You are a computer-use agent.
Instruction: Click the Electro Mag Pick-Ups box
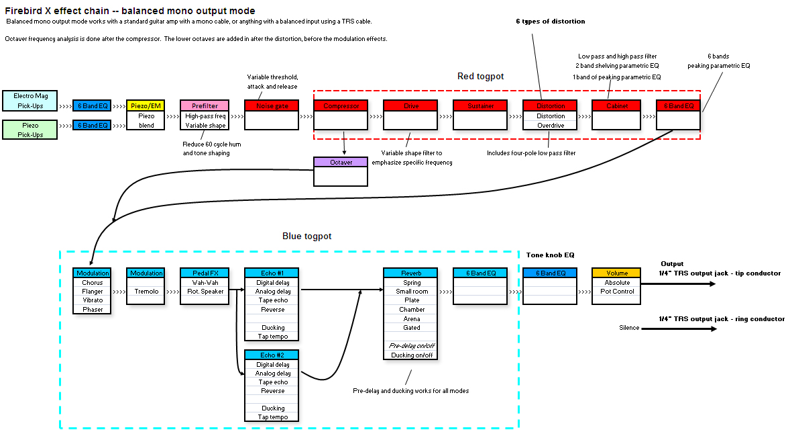(x=30, y=101)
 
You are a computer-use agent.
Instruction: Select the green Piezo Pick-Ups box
(x=30, y=130)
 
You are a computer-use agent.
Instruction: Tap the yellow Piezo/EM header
(x=145, y=105)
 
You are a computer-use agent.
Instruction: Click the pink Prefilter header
(x=204, y=105)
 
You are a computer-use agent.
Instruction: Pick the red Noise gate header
(x=272, y=105)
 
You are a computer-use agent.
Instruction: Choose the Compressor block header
(x=341, y=105)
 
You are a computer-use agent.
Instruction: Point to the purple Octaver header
(x=341, y=163)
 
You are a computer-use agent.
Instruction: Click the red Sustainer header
(x=480, y=105)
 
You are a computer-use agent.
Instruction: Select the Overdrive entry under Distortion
(x=550, y=126)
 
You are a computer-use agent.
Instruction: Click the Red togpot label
(x=480, y=77)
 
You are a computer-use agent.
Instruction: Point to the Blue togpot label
(x=306, y=236)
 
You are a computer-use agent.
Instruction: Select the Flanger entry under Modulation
(x=93, y=292)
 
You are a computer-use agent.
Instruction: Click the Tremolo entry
(x=146, y=292)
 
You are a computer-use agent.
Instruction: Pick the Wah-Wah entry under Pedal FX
(x=204, y=283)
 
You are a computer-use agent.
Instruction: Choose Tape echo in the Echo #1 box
(x=273, y=300)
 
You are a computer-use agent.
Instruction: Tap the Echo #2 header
(x=273, y=355)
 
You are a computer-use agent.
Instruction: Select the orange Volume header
(x=616, y=273)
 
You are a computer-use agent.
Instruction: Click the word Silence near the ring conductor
(x=630, y=328)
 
